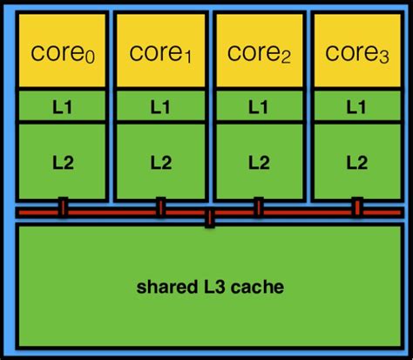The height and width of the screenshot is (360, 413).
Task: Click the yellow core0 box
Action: click(x=63, y=51)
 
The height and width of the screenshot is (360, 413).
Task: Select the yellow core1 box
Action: click(x=160, y=51)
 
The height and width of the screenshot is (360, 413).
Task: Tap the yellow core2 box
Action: click(x=258, y=51)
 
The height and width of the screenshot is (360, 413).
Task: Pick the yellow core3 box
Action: click(x=355, y=51)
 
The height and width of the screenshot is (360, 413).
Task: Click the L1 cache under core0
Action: click(x=63, y=106)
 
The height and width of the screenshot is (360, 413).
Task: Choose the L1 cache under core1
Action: click(x=160, y=106)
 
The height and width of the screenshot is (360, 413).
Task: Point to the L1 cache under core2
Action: click(x=258, y=106)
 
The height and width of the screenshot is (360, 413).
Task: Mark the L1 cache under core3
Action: click(x=355, y=106)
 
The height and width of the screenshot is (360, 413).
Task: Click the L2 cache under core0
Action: click(x=63, y=161)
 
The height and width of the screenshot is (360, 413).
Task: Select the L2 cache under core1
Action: click(x=160, y=161)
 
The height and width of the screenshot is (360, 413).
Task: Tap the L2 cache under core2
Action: click(x=258, y=161)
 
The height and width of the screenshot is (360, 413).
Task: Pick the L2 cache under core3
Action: click(x=355, y=161)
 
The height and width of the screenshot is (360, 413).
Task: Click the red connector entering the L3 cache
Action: click(x=209, y=219)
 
